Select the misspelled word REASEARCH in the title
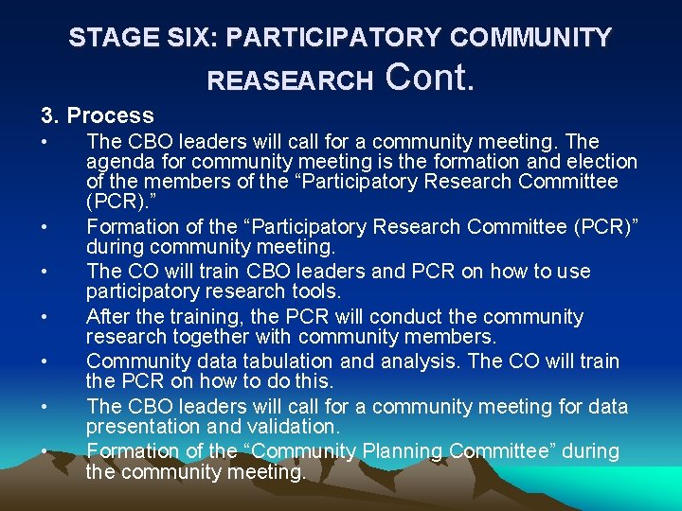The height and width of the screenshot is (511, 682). [290, 81]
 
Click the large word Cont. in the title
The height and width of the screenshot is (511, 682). [430, 77]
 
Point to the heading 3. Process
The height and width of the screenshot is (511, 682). [97, 115]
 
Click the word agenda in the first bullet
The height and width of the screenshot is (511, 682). [116, 162]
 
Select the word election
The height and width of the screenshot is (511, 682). [601, 162]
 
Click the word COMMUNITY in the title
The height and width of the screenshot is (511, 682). [530, 38]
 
